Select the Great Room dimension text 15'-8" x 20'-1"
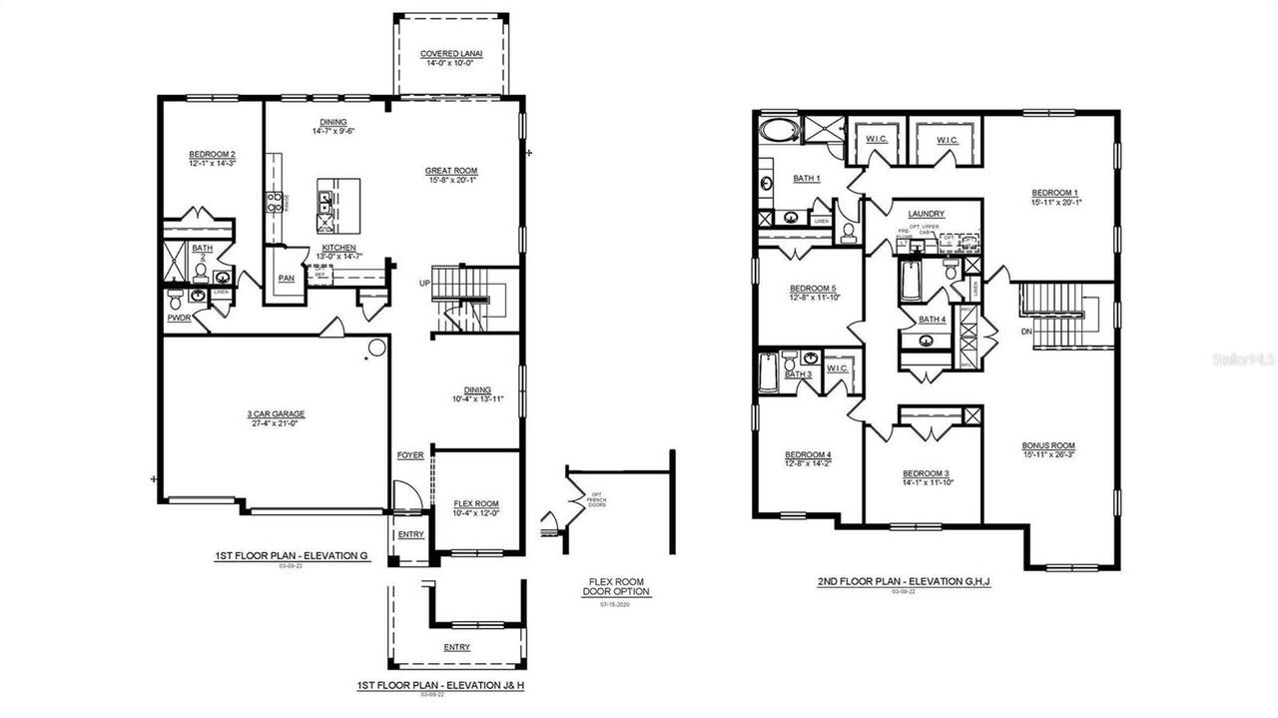point(452,181)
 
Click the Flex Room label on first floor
point(476,504)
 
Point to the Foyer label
point(410,455)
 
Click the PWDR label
point(179,320)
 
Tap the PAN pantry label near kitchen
point(287,279)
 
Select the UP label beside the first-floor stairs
point(424,284)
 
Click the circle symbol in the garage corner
point(376,349)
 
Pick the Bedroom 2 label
point(212,155)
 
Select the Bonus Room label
point(1048,445)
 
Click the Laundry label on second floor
point(926,215)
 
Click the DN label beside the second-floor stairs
point(1026,331)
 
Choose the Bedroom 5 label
point(812,289)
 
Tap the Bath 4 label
point(932,320)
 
